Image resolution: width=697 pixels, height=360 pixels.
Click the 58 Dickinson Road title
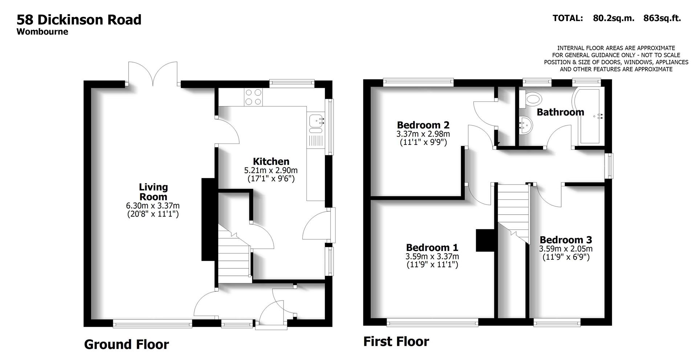pos(79,19)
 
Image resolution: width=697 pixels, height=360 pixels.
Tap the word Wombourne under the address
pos(42,32)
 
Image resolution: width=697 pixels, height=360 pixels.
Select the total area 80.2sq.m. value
pos(614,18)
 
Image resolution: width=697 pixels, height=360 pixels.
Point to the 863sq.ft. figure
pos(662,18)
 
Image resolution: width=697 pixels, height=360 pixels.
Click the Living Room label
pos(153,192)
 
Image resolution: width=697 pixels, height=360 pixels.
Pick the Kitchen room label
pos(271,161)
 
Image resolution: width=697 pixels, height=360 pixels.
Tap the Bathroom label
pos(560,112)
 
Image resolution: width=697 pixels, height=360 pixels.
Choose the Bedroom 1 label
pos(432,247)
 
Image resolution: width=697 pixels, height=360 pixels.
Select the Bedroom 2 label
pos(423,125)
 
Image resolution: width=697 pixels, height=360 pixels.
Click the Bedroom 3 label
pos(566,240)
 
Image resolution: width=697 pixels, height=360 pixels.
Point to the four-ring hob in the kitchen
pos(253,97)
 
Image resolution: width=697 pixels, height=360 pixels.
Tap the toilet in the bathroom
pos(531,98)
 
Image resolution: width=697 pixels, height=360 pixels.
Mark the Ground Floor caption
pos(126,344)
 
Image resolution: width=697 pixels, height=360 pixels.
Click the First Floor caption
pos(396,341)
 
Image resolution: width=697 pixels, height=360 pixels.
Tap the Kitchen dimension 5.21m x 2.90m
pos(271,170)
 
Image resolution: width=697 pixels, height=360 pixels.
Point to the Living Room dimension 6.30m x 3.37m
pos(153,206)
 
